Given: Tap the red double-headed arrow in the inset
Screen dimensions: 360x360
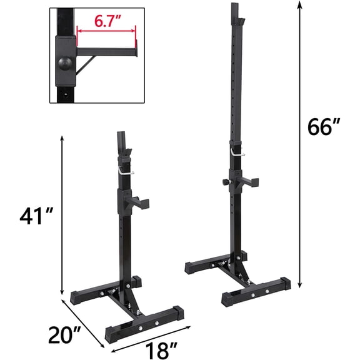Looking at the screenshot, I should point(105,29).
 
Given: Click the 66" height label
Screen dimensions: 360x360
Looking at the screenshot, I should point(324,127).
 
